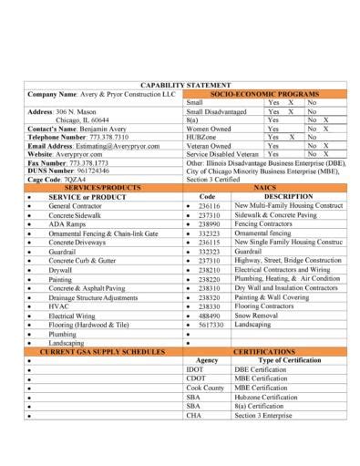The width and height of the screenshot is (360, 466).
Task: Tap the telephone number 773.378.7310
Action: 115,136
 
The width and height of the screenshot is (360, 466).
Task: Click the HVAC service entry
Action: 59,305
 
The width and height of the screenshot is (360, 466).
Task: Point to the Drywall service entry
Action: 63,270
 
